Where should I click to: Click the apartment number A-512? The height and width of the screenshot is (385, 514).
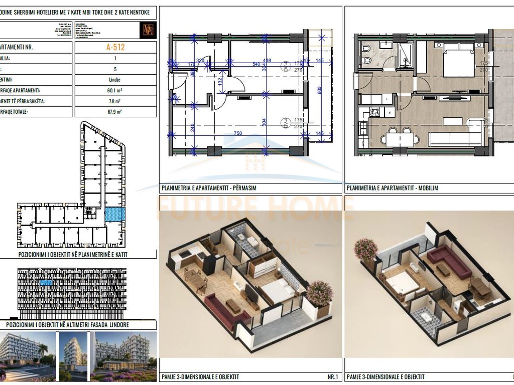[x=115, y=48]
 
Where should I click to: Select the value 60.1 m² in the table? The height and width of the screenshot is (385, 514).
[x=115, y=91]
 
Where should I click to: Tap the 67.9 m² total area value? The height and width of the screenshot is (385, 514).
[x=115, y=112]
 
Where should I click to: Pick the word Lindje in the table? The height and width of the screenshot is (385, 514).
[x=115, y=80]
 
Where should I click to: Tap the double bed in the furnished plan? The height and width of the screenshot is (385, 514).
[x=459, y=61]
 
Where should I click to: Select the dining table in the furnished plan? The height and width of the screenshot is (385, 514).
[x=400, y=137]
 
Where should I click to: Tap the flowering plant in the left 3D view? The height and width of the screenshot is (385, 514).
[x=320, y=293]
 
